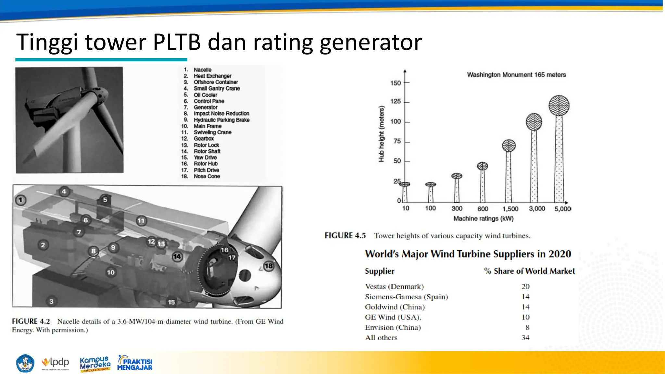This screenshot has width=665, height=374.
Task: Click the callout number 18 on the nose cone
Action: [x=269, y=266]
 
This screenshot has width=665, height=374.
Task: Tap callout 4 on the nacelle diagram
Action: [x=64, y=192]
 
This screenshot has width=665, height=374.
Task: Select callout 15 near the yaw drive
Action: [x=171, y=302]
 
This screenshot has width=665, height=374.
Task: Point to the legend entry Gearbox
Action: [x=204, y=139]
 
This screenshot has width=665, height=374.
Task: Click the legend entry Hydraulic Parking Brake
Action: [x=221, y=120]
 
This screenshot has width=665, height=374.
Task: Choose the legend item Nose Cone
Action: [x=207, y=176]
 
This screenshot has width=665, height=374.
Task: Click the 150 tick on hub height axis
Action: [x=395, y=83]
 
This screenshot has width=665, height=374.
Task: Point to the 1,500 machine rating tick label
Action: [x=510, y=209]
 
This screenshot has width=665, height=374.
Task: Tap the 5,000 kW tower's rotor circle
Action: [x=559, y=106]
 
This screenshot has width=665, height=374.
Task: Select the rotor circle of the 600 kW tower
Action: [x=483, y=166]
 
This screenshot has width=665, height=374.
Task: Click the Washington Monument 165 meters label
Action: [x=516, y=75]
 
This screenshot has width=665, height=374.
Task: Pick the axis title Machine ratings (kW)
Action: [x=483, y=218]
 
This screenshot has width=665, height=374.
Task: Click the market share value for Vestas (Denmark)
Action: [x=525, y=286]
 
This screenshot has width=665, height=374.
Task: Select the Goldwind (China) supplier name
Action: [x=395, y=307]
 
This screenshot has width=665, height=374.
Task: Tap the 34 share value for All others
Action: [x=525, y=338]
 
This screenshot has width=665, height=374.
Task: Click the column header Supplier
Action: [x=380, y=271]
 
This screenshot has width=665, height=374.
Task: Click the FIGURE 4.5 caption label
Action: [x=345, y=235]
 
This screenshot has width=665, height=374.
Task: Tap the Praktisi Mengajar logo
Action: [x=135, y=363]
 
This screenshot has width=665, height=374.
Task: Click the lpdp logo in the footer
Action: [x=56, y=362]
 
